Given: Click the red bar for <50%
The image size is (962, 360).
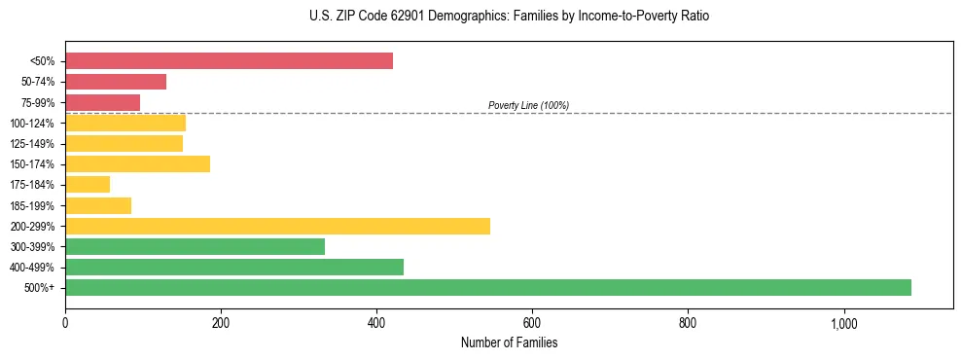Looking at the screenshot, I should tap(229, 61).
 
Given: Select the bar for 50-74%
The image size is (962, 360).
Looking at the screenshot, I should tap(116, 82).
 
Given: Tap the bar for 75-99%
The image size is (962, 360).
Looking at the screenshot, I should tap(102, 102).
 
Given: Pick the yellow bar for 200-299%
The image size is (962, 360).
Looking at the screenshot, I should tap(277, 226).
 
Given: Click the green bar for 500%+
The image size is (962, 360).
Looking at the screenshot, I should tap(487, 287).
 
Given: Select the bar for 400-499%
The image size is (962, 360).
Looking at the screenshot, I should tap(233, 267).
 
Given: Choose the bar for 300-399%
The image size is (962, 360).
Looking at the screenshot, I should tap(195, 246).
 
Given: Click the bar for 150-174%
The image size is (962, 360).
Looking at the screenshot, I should tap(137, 163).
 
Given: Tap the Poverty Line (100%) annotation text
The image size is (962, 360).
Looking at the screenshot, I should tap(528, 105).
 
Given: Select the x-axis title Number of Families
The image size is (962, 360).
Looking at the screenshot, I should tap(509, 342).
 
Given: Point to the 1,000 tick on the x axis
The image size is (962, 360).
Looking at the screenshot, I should tap(842, 323).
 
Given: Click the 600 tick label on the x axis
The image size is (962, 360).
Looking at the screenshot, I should tap(532, 323).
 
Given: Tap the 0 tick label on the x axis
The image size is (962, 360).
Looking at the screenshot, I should tap(65, 323).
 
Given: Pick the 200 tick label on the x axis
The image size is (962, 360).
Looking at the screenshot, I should tap(221, 323).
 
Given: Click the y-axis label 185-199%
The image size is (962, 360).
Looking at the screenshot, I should tap(32, 205).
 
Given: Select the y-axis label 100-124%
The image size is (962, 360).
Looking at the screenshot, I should tap(32, 123).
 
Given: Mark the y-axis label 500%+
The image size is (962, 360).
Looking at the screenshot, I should tap(40, 288).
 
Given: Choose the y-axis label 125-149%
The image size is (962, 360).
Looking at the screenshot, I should tap(32, 144).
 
